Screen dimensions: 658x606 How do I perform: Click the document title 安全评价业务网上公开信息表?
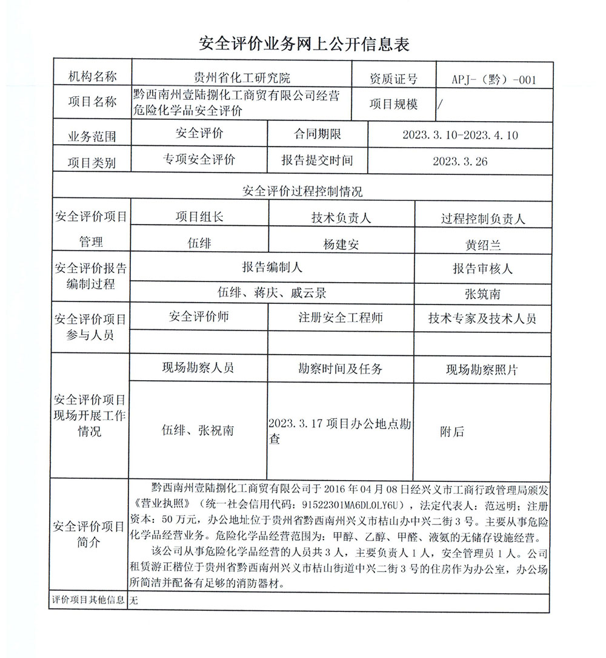(304, 44)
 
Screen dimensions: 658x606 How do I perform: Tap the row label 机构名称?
(92, 77)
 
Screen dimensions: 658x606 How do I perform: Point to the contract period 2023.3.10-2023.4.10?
(460, 135)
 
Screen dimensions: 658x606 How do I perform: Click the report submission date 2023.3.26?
(460, 162)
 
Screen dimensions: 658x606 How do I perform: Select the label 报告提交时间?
(317, 161)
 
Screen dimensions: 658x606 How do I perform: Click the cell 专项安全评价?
(198, 160)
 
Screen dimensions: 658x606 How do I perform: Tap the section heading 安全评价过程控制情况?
(302, 192)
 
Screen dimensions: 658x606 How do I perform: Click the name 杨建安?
(341, 245)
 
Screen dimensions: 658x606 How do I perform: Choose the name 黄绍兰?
(483, 246)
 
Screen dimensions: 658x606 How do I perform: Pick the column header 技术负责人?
(341, 218)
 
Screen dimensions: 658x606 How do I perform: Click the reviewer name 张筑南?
(483, 295)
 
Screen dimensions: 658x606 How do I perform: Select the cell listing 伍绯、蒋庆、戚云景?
(272, 293)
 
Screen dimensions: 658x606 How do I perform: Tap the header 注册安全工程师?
(341, 318)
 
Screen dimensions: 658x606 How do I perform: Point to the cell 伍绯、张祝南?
(198, 431)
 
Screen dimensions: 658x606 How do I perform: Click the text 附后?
(452, 432)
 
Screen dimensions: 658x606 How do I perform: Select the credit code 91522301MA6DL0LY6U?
(345, 505)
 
